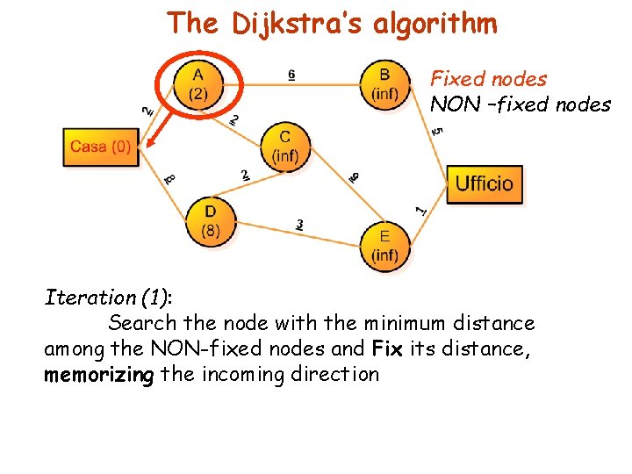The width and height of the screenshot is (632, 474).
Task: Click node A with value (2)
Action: [x=198, y=84]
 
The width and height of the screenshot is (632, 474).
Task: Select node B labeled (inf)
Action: [x=384, y=84]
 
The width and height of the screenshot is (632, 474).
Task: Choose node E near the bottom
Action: [x=384, y=246]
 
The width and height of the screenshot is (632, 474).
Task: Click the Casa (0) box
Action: [x=101, y=147]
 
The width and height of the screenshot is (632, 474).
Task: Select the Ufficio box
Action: [x=484, y=184]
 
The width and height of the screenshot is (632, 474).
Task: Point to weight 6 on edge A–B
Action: [x=291, y=75]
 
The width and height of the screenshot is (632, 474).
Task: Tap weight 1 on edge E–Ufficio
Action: [x=421, y=210]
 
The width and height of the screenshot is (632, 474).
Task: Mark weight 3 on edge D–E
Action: [x=300, y=226]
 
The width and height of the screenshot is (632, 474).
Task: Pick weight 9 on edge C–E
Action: [x=353, y=177]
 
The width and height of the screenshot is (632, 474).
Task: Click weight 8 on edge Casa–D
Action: [x=169, y=179]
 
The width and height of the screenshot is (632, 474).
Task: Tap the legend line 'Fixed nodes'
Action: [x=488, y=79]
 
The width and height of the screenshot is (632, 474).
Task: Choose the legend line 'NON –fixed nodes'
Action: [x=520, y=104]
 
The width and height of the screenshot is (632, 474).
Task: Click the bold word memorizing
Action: [x=99, y=375]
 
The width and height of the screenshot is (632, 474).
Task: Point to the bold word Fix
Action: [x=386, y=348]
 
